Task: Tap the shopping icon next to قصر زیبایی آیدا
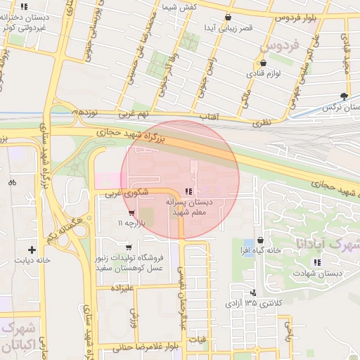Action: point(227,17)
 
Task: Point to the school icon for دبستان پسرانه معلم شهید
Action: point(187,191)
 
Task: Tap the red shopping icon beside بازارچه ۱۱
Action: point(131,213)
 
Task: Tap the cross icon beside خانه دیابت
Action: point(32,249)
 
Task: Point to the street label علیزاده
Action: point(122,288)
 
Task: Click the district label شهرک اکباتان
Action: point(21,337)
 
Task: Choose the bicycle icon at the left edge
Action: point(12,181)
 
